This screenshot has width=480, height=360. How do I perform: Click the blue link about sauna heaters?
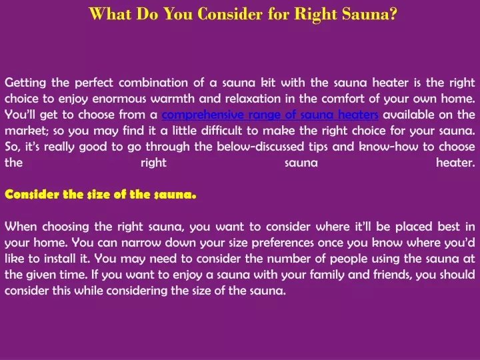tap(270, 115)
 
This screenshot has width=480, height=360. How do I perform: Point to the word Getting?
tap(25, 83)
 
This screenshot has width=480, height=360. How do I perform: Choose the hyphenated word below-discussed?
tap(260, 147)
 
